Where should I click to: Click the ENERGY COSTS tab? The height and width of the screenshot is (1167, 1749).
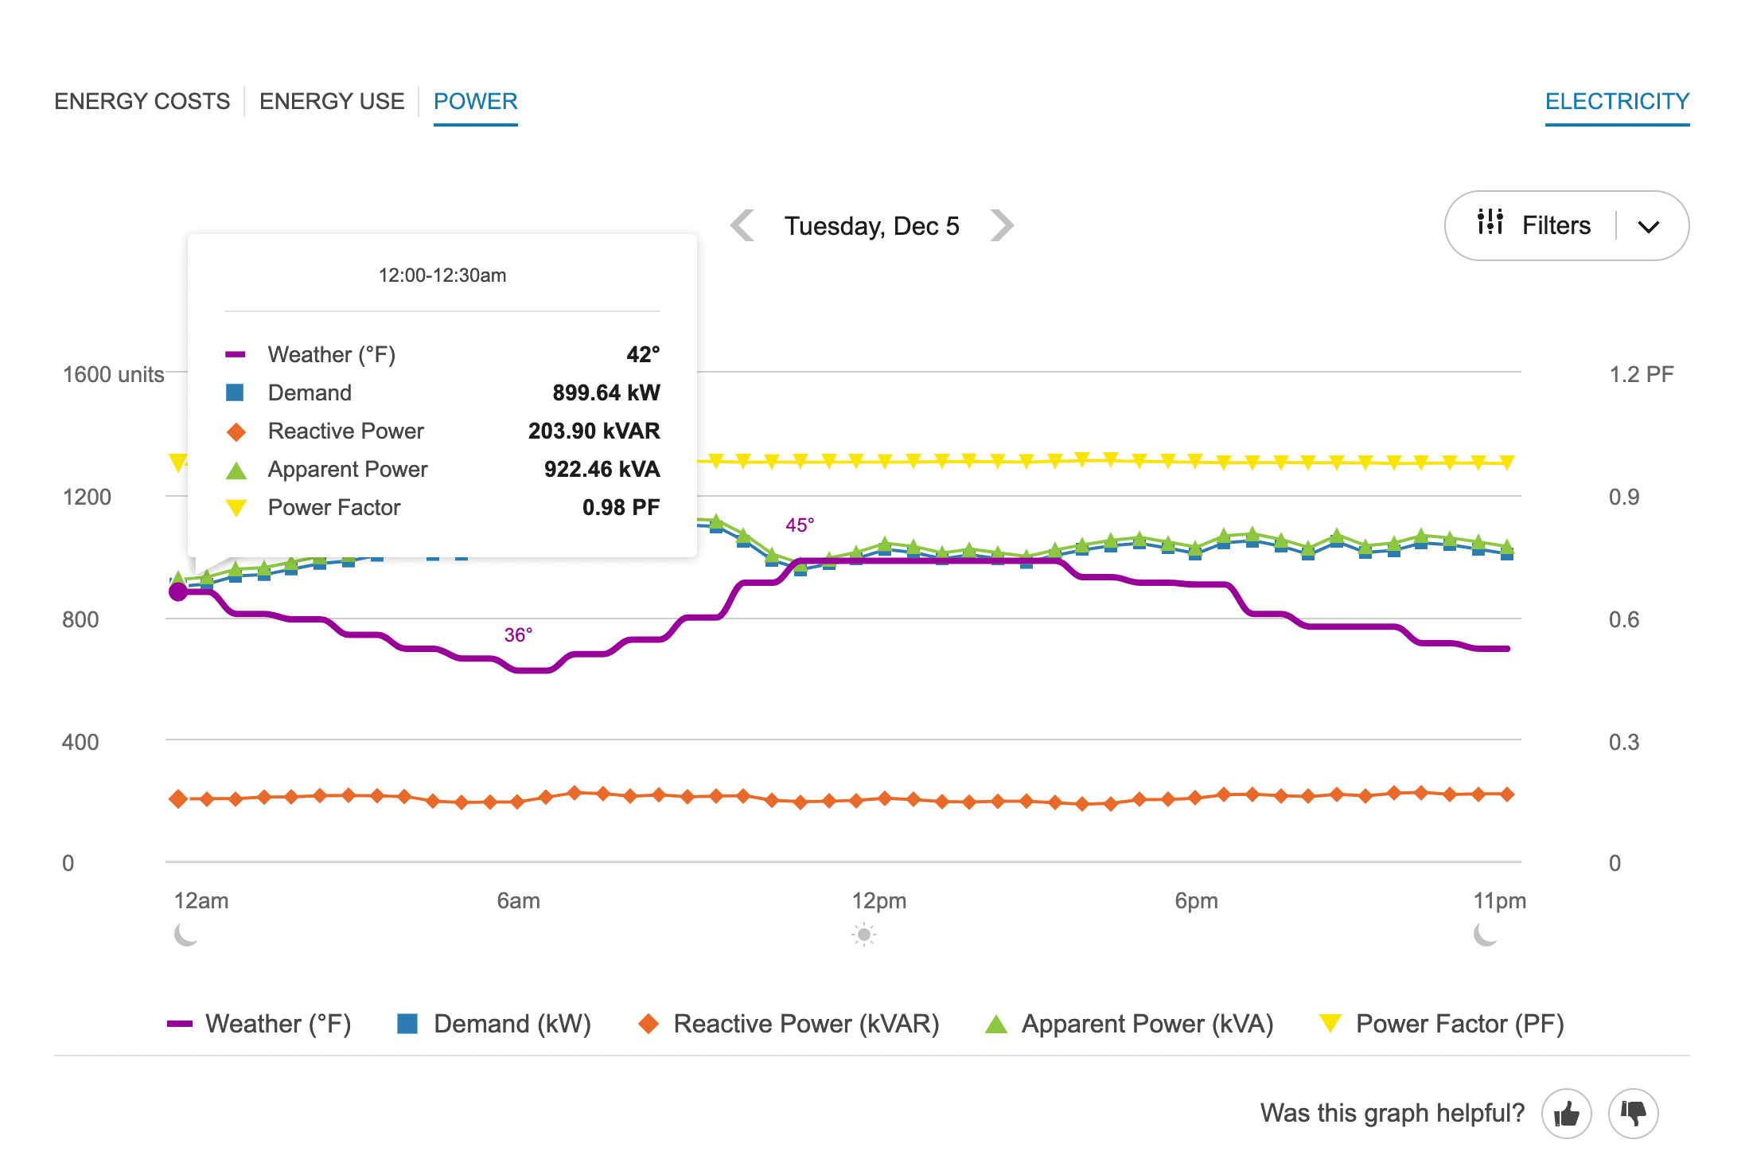(x=142, y=102)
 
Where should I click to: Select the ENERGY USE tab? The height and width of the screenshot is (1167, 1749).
(x=332, y=102)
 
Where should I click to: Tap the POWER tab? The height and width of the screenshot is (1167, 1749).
(x=475, y=102)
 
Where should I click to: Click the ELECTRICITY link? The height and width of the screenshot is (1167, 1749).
(x=1617, y=102)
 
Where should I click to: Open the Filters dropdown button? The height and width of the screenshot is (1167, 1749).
(x=1566, y=225)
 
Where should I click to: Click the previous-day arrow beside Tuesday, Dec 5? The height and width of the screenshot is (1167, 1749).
(x=742, y=225)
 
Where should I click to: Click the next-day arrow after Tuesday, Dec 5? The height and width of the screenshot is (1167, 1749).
(x=1002, y=225)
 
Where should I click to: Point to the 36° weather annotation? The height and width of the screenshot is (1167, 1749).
(x=518, y=634)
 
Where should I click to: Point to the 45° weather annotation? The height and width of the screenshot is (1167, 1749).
(x=800, y=525)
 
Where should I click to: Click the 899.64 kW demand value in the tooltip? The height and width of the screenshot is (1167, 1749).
(x=606, y=392)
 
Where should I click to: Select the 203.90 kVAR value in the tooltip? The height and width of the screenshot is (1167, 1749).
(x=594, y=431)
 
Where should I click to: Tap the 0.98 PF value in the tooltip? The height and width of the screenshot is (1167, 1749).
(x=621, y=507)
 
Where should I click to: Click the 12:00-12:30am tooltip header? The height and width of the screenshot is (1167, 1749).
(x=442, y=275)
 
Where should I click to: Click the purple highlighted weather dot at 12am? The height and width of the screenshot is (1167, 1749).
(x=178, y=591)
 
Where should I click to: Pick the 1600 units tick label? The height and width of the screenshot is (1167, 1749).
(x=113, y=374)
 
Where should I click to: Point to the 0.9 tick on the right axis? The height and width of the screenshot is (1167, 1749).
(x=1623, y=497)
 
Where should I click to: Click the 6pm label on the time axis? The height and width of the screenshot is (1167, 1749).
(x=1196, y=900)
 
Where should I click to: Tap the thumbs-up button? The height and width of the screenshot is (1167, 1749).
(x=1566, y=1113)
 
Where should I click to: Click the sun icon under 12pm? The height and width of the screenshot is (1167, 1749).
(x=863, y=934)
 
